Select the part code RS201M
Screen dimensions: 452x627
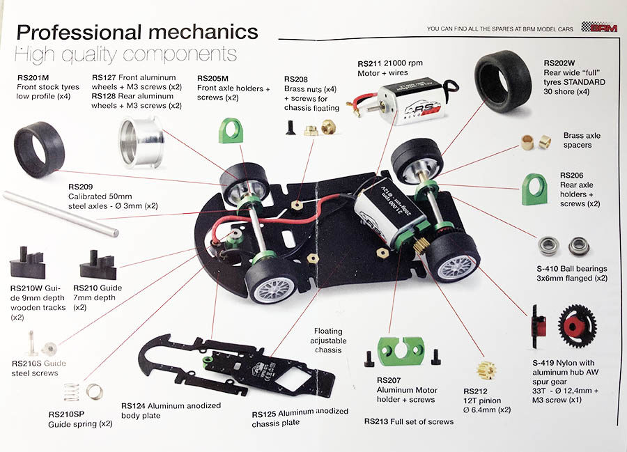pos(33,78)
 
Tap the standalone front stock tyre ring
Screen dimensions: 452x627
pos(39,148)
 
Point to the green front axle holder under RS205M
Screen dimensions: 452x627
pos(230,130)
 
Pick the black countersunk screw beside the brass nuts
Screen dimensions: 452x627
pos(289,127)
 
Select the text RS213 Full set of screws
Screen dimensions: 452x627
pos(408,421)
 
